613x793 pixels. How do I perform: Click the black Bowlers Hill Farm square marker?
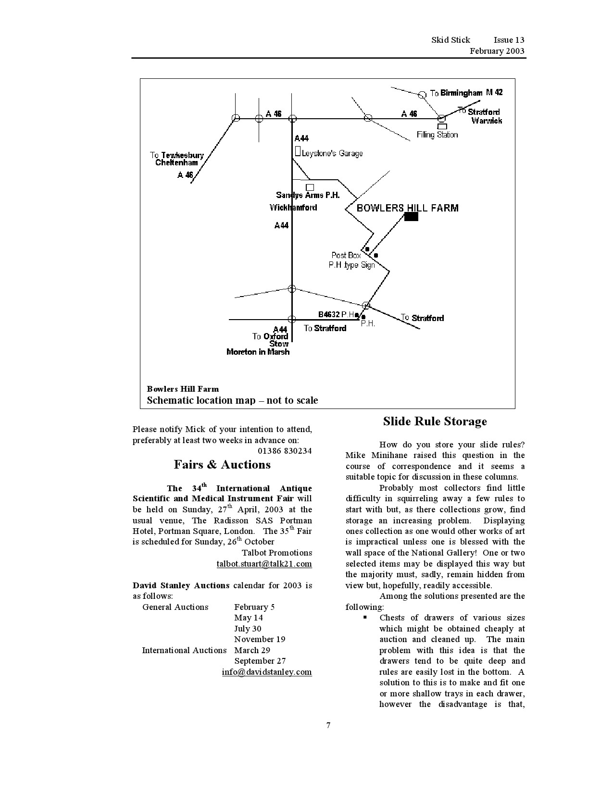click(411, 216)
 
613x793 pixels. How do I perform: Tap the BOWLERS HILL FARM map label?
click(407, 208)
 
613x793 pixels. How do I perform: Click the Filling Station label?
click(437, 135)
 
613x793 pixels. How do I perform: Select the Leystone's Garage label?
click(332, 153)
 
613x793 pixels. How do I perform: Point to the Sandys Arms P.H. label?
click(308, 195)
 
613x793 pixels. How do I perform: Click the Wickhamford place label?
click(293, 208)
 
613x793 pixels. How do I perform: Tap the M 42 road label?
click(494, 92)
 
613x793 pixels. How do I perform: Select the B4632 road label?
click(329, 314)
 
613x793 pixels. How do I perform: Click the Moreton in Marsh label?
click(258, 352)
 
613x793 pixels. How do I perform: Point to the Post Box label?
click(346, 255)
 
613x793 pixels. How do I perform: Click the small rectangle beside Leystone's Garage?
click(298, 151)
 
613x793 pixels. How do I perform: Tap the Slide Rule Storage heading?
click(435, 421)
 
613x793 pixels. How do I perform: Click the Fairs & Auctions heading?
click(222, 465)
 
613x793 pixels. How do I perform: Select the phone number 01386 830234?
click(285, 451)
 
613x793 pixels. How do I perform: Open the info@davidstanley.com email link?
click(267, 672)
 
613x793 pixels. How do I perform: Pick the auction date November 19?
click(260, 639)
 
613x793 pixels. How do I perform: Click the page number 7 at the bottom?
click(328, 725)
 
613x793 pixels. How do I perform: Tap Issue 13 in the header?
click(509, 40)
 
